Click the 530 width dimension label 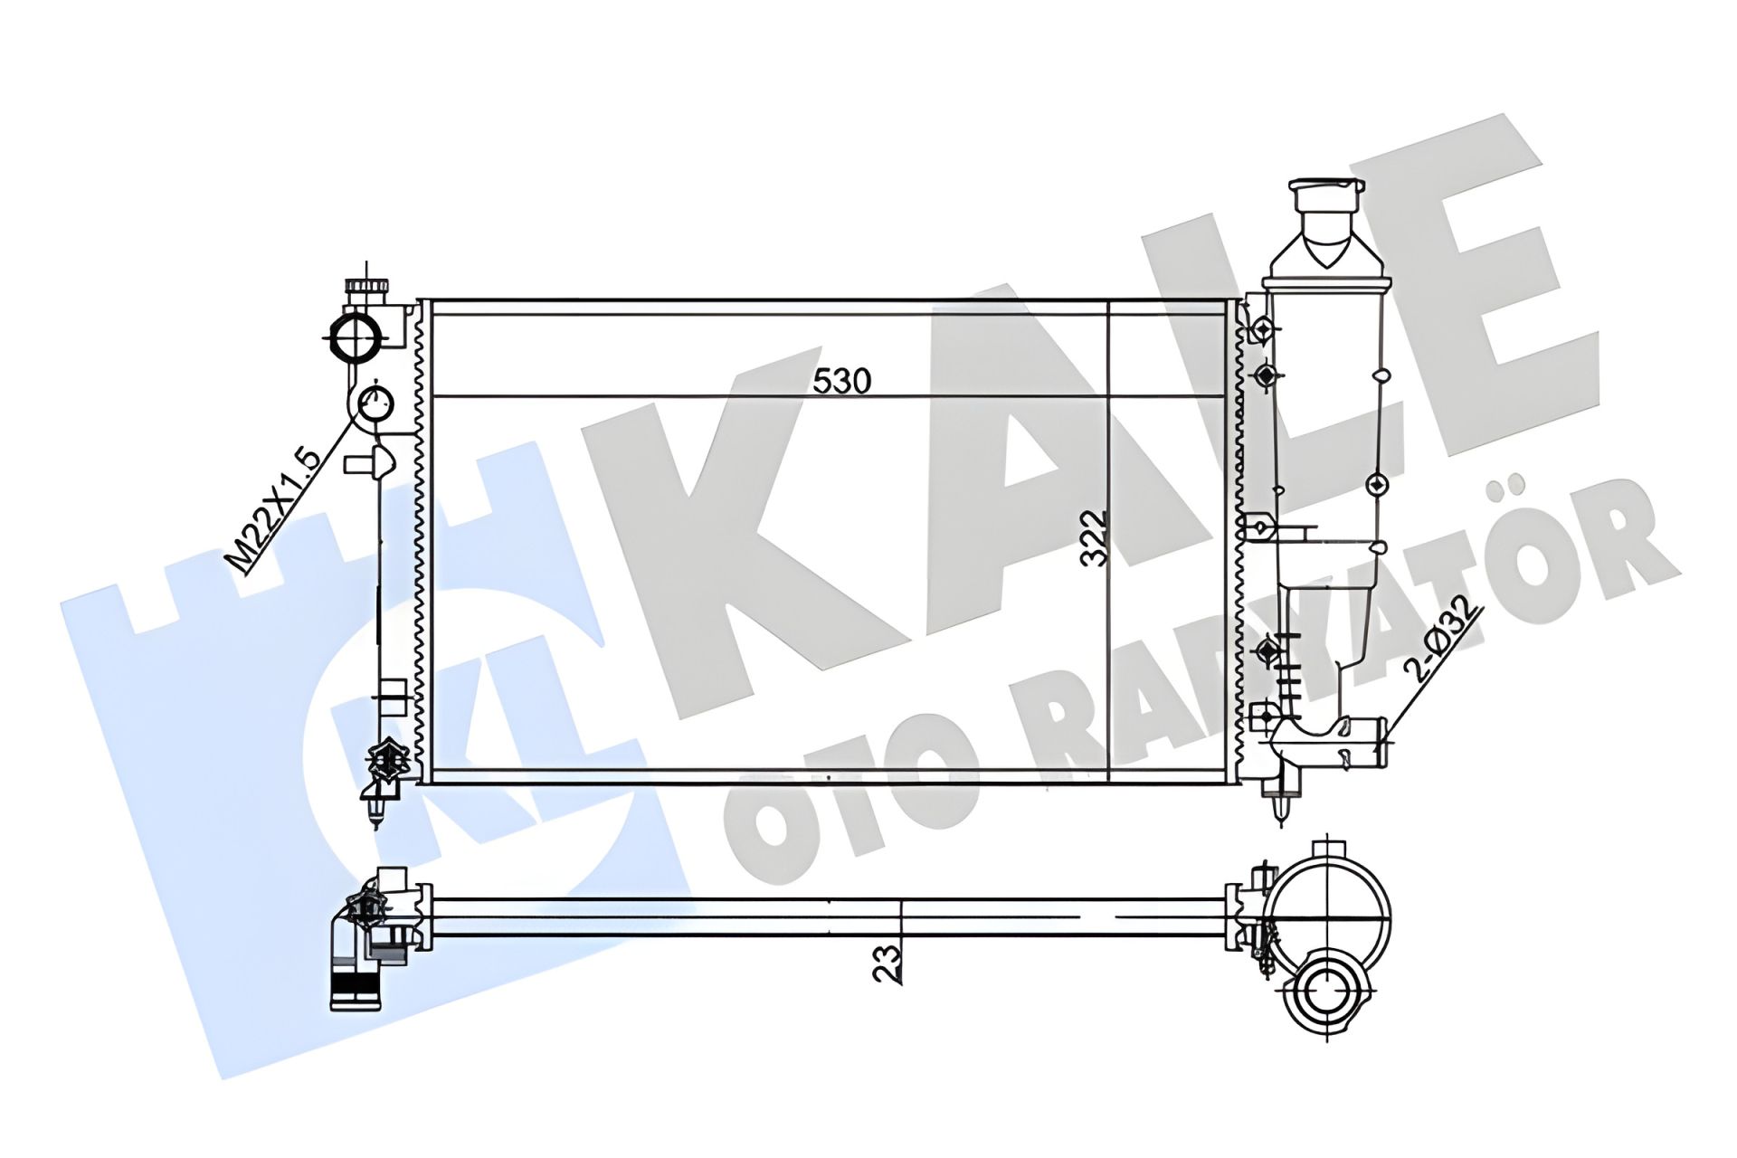click(841, 381)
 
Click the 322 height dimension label click(1096, 538)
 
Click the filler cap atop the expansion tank click(1325, 195)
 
